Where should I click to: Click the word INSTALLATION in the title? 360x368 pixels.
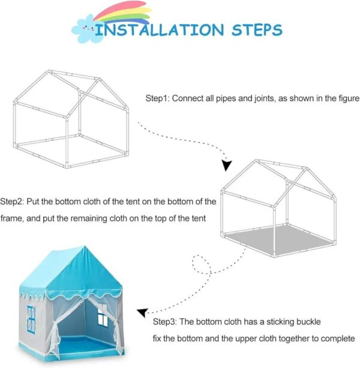pyautogui.click(x=160, y=30)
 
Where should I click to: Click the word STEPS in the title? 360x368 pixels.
pyautogui.click(x=257, y=30)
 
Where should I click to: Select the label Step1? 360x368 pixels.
pyautogui.click(x=157, y=98)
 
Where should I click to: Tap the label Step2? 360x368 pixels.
pyautogui.click(x=12, y=202)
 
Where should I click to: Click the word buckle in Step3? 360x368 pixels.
pyautogui.click(x=308, y=322)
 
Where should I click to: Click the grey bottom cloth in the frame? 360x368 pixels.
pyautogui.click(x=279, y=240)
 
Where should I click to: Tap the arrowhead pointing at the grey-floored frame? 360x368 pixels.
pyautogui.click(x=226, y=165)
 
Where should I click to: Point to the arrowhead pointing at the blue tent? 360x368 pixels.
pyautogui.click(x=142, y=313)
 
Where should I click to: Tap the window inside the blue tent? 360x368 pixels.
pyautogui.click(x=102, y=317)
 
